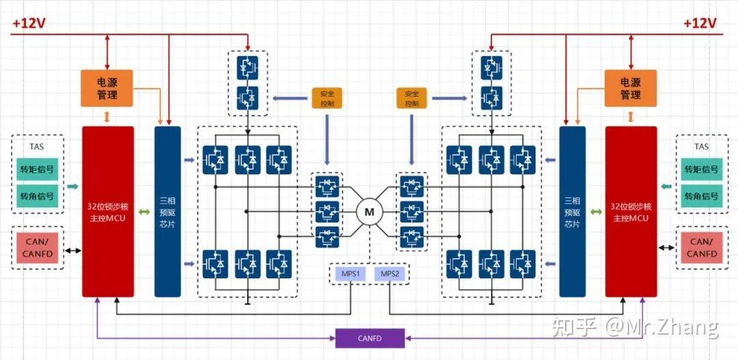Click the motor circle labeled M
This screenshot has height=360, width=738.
click(x=369, y=212)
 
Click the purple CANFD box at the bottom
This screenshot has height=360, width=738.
click(x=370, y=337)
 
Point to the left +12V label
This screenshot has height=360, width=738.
click(x=29, y=23)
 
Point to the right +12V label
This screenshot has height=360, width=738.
click(x=700, y=23)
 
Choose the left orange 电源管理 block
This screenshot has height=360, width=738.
click(x=107, y=88)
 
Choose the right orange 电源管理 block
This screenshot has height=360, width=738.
click(x=630, y=88)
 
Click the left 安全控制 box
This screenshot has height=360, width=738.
click(x=326, y=98)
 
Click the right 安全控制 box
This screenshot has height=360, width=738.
click(x=411, y=98)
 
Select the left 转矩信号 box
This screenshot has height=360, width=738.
click(x=37, y=169)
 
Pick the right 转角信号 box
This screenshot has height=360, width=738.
click(x=701, y=196)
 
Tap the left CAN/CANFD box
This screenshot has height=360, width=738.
click(x=37, y=248)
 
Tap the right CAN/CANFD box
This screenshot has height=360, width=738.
click(x=701, y=247)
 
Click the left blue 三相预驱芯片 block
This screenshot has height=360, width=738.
click(x=167, y=212)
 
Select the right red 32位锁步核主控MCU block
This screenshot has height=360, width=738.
click(x=631, y=212)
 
